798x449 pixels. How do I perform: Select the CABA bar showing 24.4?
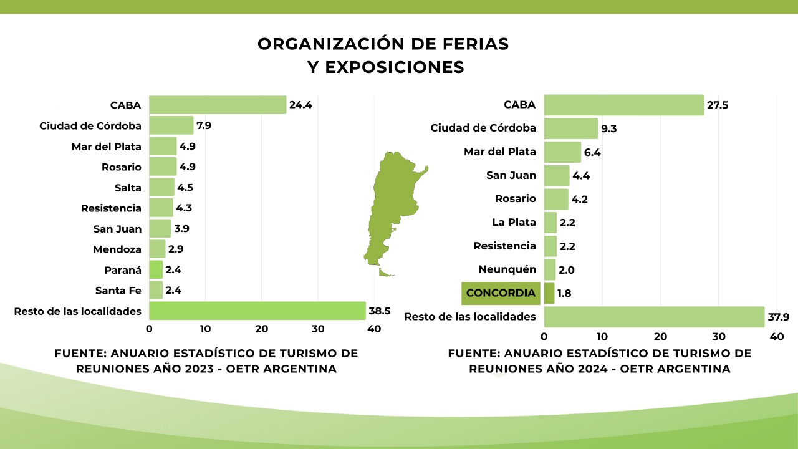click(x=218, y=105)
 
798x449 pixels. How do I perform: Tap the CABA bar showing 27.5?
click(x=623, y=105)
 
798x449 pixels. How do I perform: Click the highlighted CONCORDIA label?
click(x=501, y=293)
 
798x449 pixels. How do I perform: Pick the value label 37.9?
click(x=779, y=317)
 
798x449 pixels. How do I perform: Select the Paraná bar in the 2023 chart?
click(x=156, y=270)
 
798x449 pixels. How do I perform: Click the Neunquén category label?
click(x=507, y=269)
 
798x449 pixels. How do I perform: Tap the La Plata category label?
click(x=514, y=222)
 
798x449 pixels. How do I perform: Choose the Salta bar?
click(x=161, y=188)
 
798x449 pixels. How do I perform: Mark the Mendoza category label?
click(x=117, y=249)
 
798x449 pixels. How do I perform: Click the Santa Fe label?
click(x=118, y=291)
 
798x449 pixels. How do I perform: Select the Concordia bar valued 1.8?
click(x=549, y=293)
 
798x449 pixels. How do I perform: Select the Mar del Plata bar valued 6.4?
click(x=562, y=152)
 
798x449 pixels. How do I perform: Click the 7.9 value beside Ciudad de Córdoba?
click(x=204, y=125)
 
